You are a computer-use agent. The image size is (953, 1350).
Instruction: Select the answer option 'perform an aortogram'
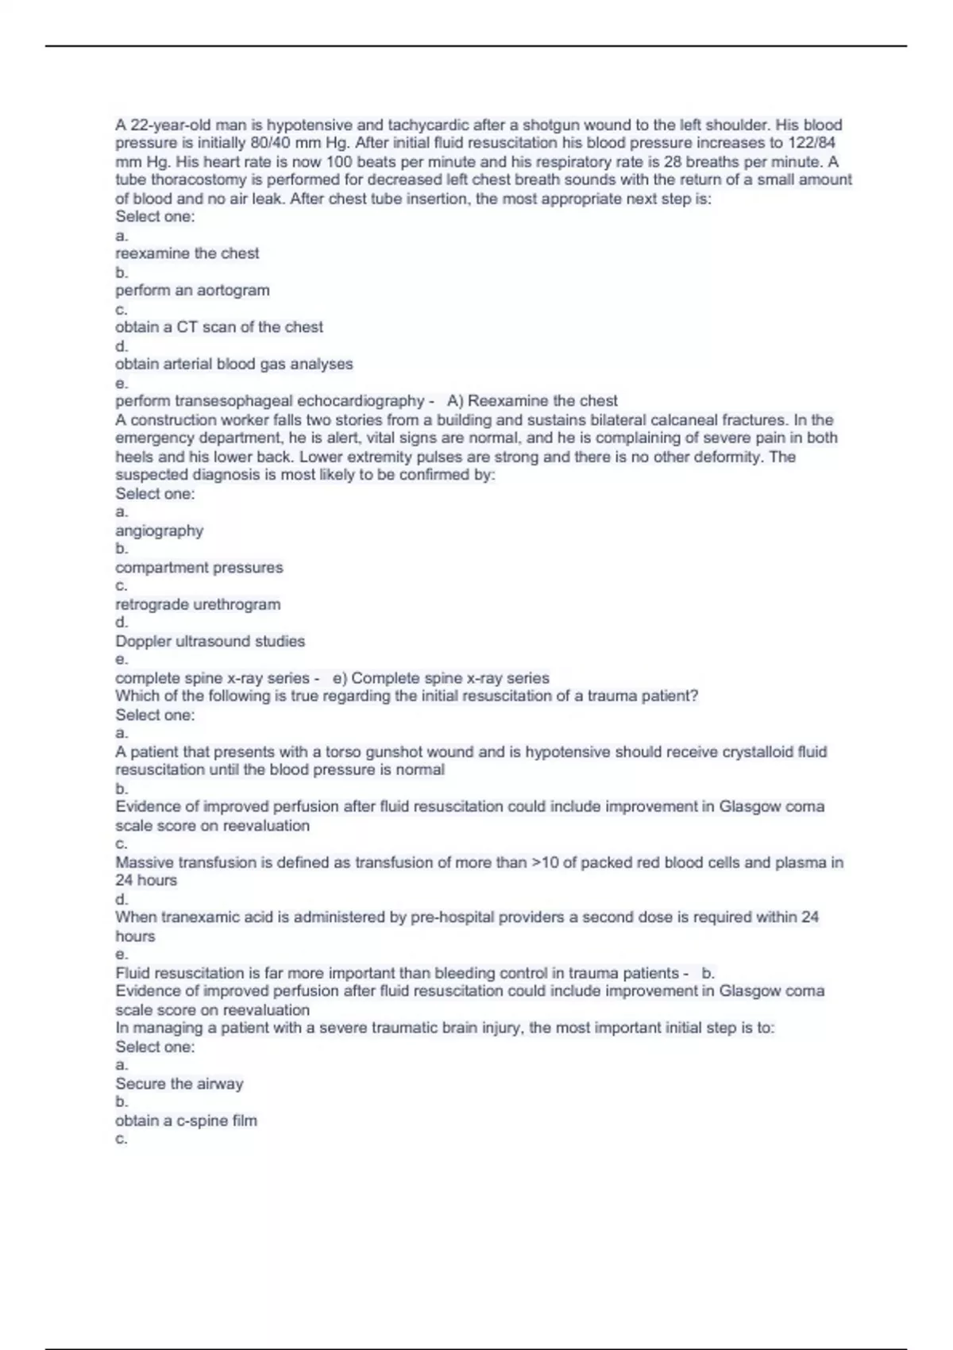[x=192, y=291]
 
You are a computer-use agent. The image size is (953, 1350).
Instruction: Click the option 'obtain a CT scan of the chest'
[x=219, y=327]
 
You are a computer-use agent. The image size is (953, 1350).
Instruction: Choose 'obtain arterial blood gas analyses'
[x=234, y=364]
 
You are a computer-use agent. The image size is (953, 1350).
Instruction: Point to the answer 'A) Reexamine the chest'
[x=532, y=401]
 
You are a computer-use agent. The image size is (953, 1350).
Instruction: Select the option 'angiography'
[x=159, y=530]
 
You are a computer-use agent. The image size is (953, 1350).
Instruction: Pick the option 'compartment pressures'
[x=199, y=568]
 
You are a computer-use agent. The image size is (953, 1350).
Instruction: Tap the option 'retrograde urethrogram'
[x=198, y=604]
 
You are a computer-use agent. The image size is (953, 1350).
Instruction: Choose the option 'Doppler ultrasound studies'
[x=210, y=642]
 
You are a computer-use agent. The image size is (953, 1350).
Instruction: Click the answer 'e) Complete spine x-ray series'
[x=441, y=678]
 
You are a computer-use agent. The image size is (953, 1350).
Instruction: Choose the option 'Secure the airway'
[x=179, y=1084]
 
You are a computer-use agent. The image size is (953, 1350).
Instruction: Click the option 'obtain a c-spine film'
[x=186, y=1120]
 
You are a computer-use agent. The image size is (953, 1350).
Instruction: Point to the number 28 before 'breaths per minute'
[x=673, y=162]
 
